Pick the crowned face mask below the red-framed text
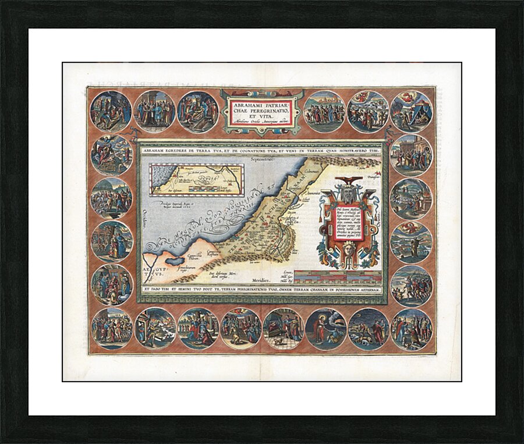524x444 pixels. click(348, 251)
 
